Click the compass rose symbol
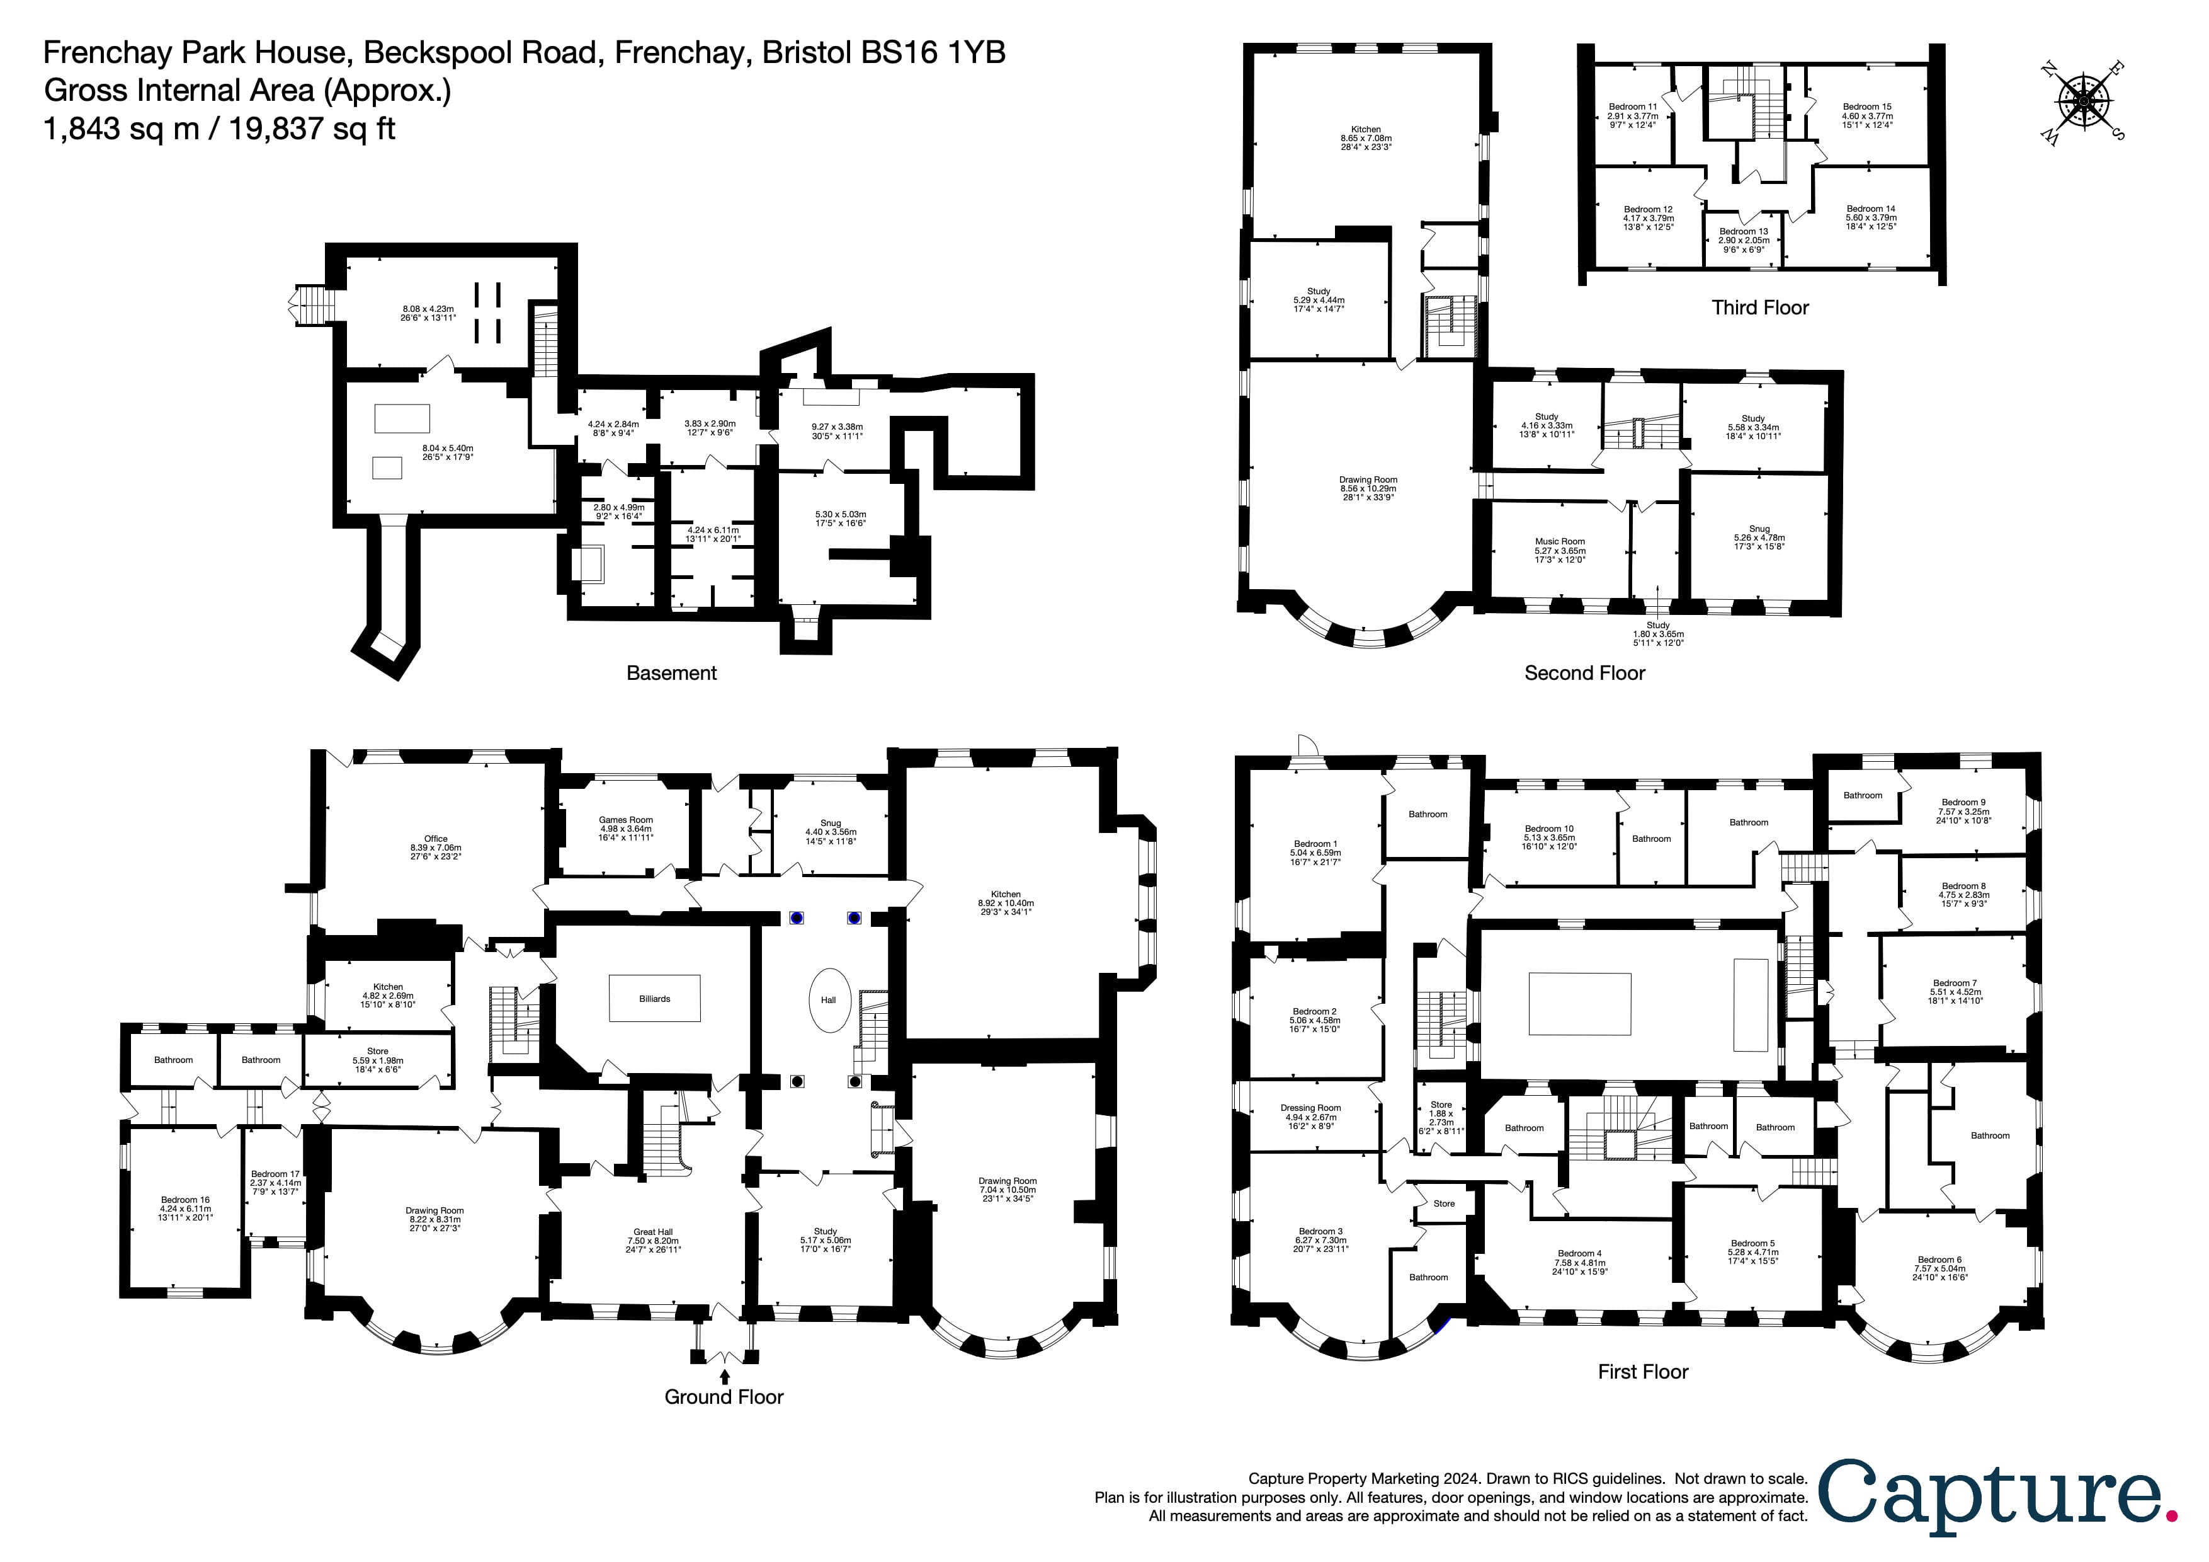click(x=2083, y=100)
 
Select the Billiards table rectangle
click(x=654, y=999)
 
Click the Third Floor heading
click(x=1759, y=308)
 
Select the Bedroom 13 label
click(x=1744, y=232)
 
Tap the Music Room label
click(x=1560, y=542)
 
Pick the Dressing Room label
click(x=1310, y=1108)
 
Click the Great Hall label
click(x=652, y=1232)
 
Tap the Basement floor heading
click(x=671, y=674)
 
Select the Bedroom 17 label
click(x=275, y=1174)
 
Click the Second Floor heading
click(x=1584, y=674)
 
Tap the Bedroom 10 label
click(x=1549, y=829)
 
